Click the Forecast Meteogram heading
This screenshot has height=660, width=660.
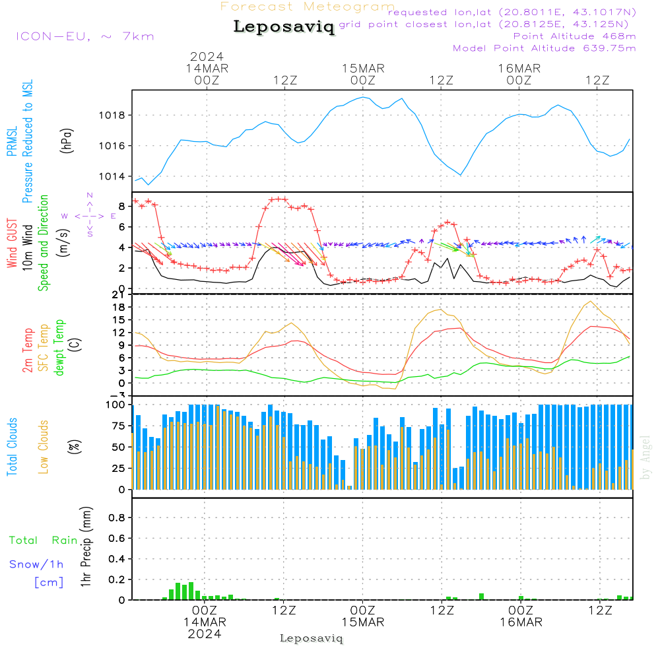point(308,7)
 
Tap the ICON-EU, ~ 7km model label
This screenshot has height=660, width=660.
point(84,36)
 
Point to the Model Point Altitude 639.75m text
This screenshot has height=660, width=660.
point(544,48)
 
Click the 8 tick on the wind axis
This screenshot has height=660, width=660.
point(122,205)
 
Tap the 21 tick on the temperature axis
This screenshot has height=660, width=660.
point(119,294)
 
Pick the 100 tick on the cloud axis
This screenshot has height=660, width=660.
point(116,404)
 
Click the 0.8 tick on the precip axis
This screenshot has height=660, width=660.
point(117,517)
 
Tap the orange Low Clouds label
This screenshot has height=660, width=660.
point(44,445)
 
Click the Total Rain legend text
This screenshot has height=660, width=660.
point(44,540)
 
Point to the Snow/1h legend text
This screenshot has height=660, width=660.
point(37,564)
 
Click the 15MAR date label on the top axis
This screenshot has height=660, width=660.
point(363,69)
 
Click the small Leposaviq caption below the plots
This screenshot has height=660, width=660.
point(312,638)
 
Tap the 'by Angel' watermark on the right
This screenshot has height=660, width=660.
point(645,458)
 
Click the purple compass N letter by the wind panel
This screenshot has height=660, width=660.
point(90,195)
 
